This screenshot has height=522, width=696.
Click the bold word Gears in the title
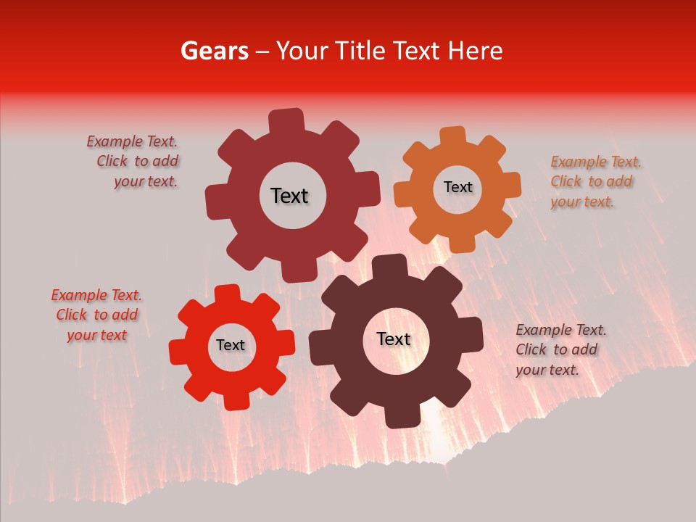pyautogui.click(x=214, y=51)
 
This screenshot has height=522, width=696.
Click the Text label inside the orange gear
pyautogui.click(x=457, y=187)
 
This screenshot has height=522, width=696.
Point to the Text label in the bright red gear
pyautogui.click(x=231, y=345)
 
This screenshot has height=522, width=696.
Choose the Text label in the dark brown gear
pyautogui.click(x=394, y=339)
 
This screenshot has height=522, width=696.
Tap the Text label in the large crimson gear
pyautogui.click(x=289, y=196)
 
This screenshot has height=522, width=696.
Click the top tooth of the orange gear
pyautogui.click(x=453, y=136)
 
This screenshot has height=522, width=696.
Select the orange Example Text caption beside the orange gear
pyautogui.click(x=595, y=181)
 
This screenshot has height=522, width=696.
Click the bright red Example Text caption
pyautogui.click(x=96, y=315)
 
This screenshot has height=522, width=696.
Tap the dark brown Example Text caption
pyautogui.click(x=560, y=349)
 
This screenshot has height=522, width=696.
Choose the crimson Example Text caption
pyautogui.click(x=133, y=161)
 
